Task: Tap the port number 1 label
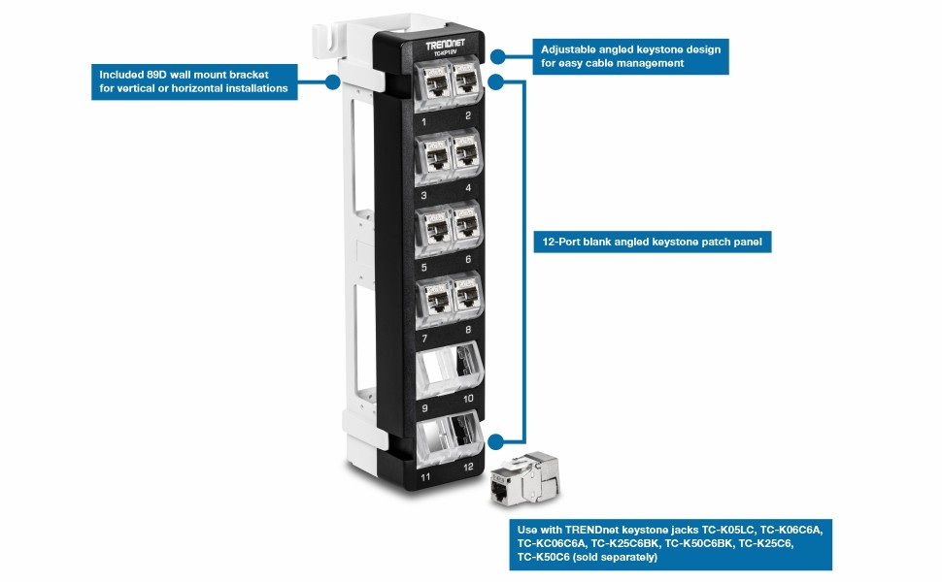(423, 122)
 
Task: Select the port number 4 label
(468, 188)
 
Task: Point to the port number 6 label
(468, 260)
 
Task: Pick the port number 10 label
(468, 399)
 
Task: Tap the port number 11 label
(424, 477)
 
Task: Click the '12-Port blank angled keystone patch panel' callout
(652, 242)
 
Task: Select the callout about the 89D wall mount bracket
(193, 81)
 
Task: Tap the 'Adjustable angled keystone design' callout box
(630, 56)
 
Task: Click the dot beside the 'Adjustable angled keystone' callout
(498, 56)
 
